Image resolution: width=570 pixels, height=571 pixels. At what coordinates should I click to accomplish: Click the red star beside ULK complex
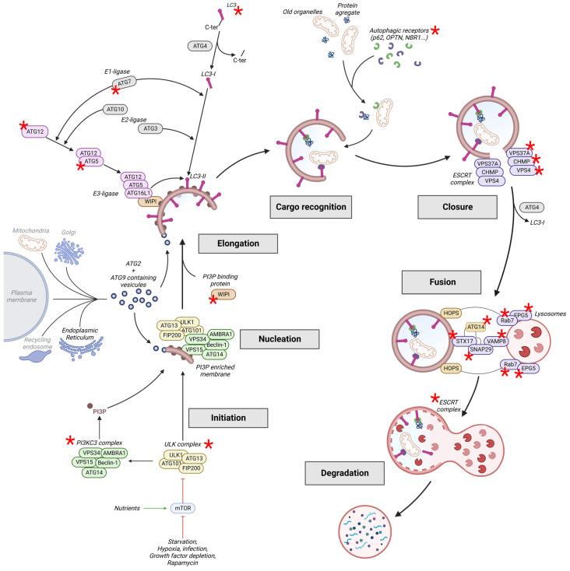tap(209, 444)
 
